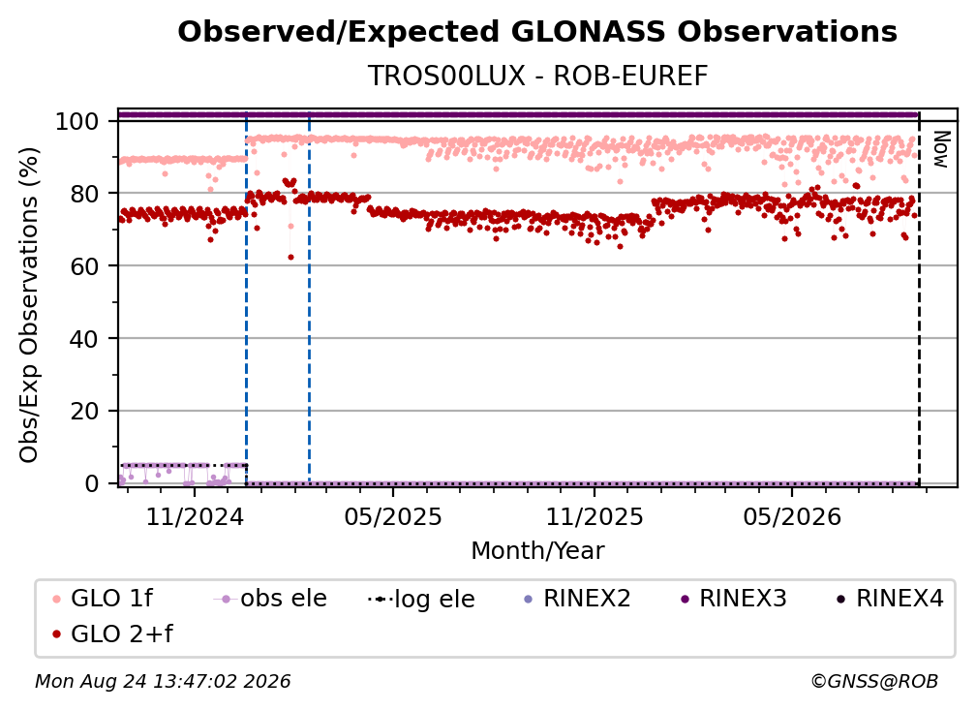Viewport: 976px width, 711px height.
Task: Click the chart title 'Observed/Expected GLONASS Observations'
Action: (537, 32)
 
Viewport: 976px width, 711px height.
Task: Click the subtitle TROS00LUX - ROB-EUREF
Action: (537, 77)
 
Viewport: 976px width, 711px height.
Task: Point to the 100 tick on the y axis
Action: (77, 121)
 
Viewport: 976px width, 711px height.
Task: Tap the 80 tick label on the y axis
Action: (84, 194)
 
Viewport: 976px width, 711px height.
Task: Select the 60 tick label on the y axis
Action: (84, 265)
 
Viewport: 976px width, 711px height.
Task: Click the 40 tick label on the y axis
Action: (84, 339)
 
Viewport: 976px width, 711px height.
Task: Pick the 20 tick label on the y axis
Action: (84, 411)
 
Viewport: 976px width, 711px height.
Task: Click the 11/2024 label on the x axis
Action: (195, 516)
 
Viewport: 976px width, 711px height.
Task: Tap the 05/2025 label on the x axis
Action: (393, 516)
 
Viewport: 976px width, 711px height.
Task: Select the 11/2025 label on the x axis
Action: (595, 516)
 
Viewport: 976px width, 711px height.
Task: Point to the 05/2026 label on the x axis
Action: (792, 516)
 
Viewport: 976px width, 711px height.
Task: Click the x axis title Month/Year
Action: (537, 551)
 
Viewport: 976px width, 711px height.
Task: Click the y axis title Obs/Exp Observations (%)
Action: (29, 304)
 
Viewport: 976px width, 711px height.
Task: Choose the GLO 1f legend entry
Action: (103, 599)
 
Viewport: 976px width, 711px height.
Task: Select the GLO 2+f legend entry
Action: (112, 634)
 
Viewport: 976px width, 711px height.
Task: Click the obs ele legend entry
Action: (270, 599)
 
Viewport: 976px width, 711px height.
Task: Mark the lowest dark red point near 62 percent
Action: (290, 257)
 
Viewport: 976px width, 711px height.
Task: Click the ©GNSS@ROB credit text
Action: (874, 681)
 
